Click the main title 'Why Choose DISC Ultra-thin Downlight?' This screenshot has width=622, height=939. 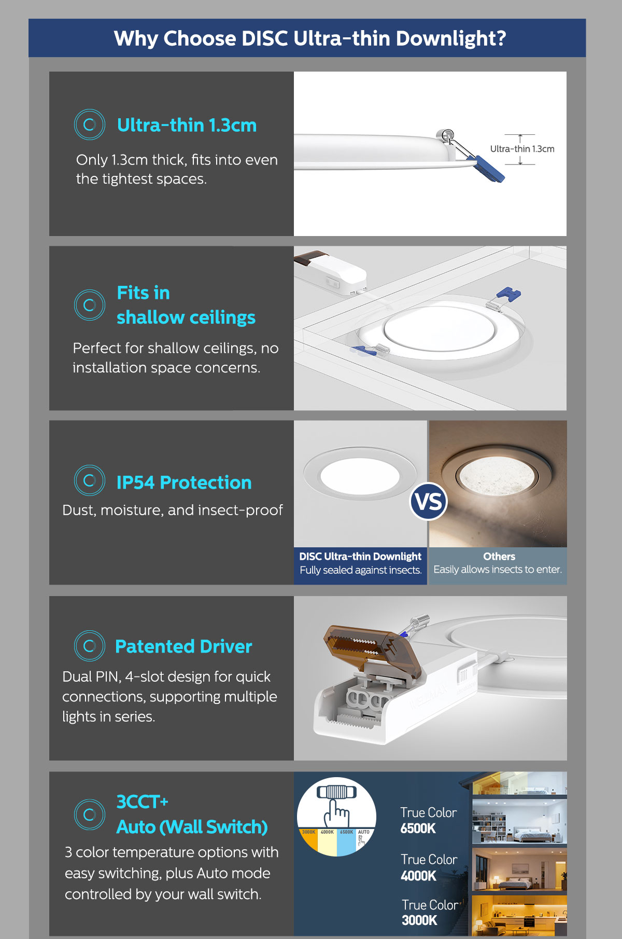click(310, 38)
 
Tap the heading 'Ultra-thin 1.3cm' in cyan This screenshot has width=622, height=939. click(187, 125)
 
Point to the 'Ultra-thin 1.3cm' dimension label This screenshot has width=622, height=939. click(522, 149)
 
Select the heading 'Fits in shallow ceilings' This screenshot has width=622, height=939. click(186, 305)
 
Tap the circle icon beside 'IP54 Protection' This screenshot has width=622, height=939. click(90, 480)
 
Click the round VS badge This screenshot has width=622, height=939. click(429, 502)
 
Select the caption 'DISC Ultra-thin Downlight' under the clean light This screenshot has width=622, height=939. click(360, 556)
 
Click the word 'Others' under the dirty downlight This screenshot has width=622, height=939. click(499, 556)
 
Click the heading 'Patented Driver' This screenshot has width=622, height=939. click(183, 646)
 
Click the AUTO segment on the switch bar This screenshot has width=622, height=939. click(364, 838)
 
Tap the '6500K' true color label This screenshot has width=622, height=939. click(418, 828)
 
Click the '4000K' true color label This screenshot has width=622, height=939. click(418, 876)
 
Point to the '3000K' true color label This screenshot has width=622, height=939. click(419, 920)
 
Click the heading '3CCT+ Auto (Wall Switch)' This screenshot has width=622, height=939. click(192, 814)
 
